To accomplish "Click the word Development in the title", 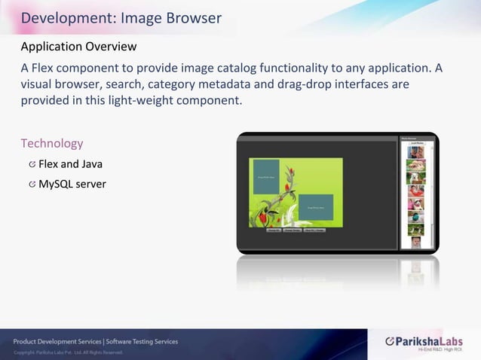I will pos(63,17).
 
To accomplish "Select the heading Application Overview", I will pos(78,47).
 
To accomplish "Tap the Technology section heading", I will pos(51,143).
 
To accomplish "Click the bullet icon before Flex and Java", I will pos(32,164).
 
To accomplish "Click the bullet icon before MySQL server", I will pos(32,184).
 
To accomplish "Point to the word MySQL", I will pos(56,184).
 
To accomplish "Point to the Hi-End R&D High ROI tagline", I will pos(440,350).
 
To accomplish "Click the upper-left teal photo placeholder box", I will pos(266,177).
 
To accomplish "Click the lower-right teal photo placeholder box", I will pos(316,207).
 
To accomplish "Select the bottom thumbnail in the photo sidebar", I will pos(416,242).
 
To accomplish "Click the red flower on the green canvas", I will pos(262,218).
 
